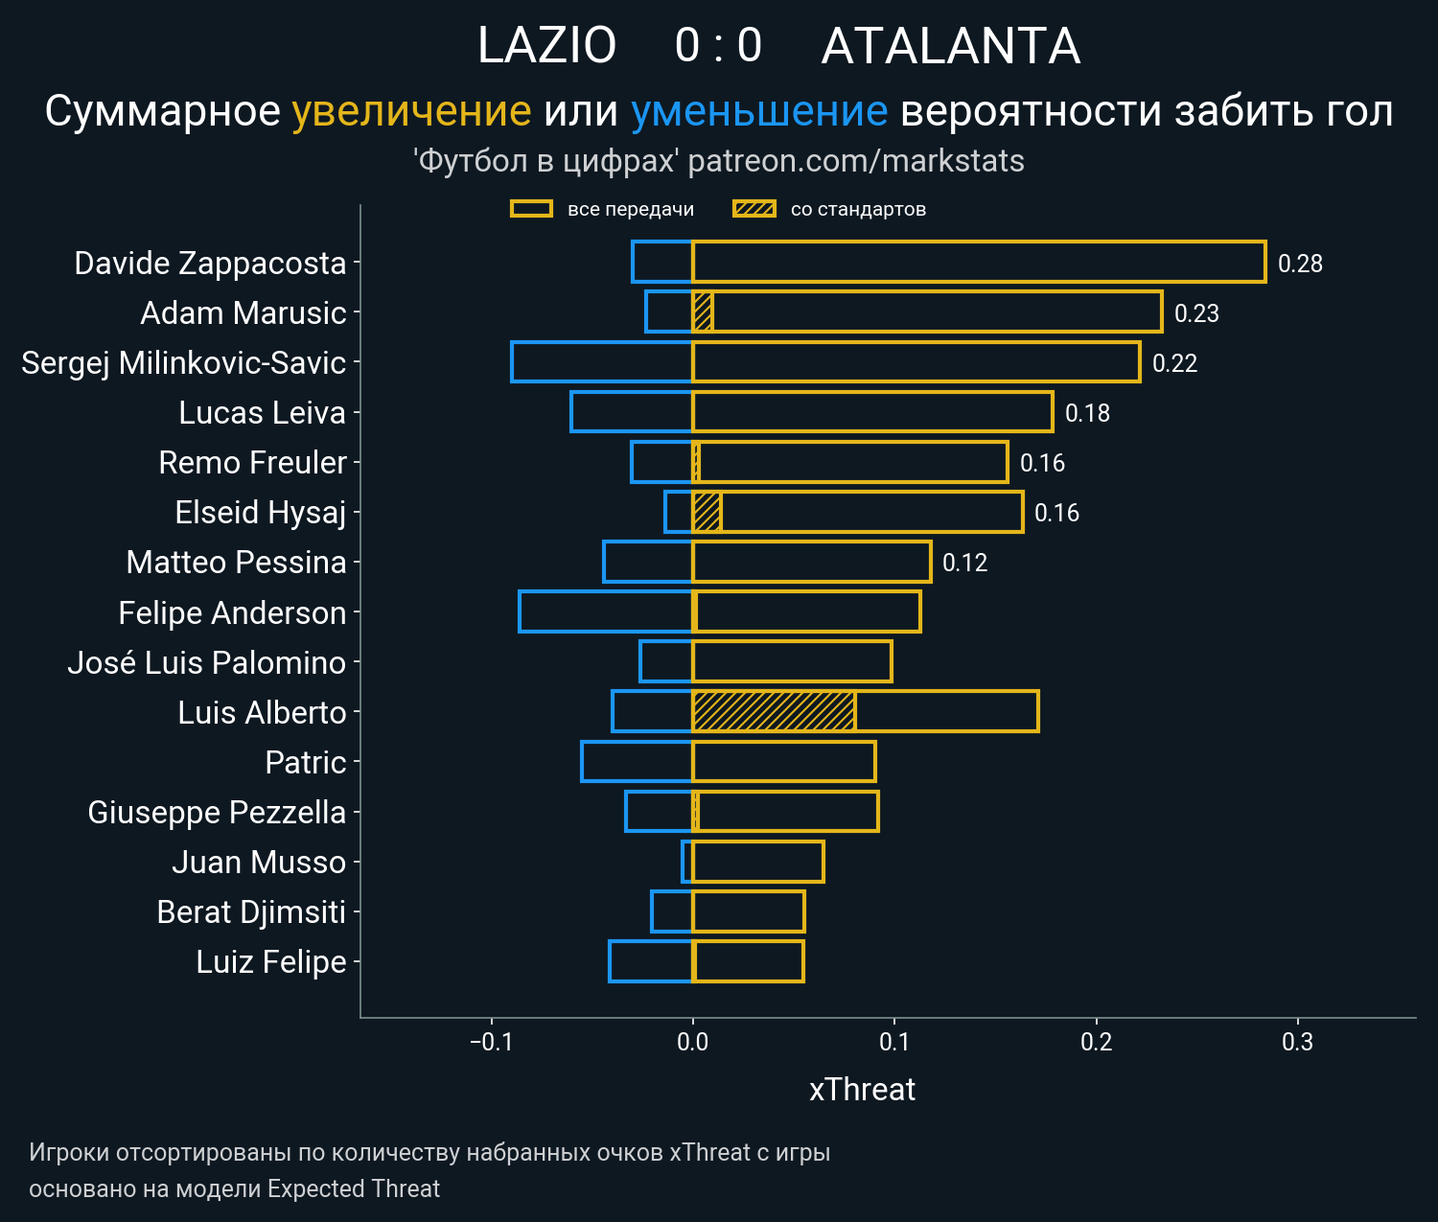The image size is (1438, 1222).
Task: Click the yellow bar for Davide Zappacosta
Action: (978, 262)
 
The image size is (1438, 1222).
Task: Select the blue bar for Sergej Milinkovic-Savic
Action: (601, 361)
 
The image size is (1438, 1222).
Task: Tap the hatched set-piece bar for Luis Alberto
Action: (773, 711)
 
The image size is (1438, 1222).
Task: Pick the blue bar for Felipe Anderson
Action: (605, 611)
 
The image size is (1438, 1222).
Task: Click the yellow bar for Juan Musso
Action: (757, 861)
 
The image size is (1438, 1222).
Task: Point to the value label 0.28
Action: (1300, 264)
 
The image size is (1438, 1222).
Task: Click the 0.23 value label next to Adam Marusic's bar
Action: (1196, 313)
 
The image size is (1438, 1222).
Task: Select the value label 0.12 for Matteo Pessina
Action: (964, 563)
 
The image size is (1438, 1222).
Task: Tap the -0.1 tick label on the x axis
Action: (492, 1042)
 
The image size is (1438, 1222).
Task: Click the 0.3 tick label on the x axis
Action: (1297, 1042)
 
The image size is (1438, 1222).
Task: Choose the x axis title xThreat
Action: (862, 1090)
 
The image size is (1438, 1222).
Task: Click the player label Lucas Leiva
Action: (262, 412)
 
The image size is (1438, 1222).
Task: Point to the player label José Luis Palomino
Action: (206, 662)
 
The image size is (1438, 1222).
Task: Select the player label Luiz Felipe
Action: (270, 961)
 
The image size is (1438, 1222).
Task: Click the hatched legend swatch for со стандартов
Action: (754, 209)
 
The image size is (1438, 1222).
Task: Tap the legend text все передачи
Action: (630, 209)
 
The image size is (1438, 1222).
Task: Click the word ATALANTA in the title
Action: (950, 46)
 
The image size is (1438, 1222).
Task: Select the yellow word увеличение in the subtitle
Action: (411, 111)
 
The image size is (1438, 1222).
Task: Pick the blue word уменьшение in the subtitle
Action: (759, 111)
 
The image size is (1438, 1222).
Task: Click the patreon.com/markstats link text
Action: (856, 161)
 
